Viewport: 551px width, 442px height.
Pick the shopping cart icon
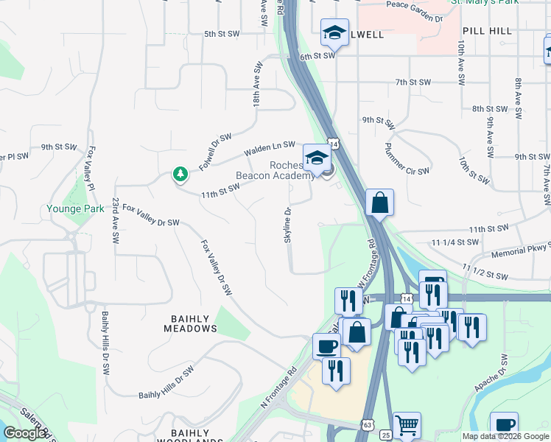(x=407, y=425)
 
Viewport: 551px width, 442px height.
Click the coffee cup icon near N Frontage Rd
(x=326, y=346)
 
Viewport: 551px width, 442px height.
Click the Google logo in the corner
(x=25, y=433)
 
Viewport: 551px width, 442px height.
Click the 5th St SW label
(x=222, y=34)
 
